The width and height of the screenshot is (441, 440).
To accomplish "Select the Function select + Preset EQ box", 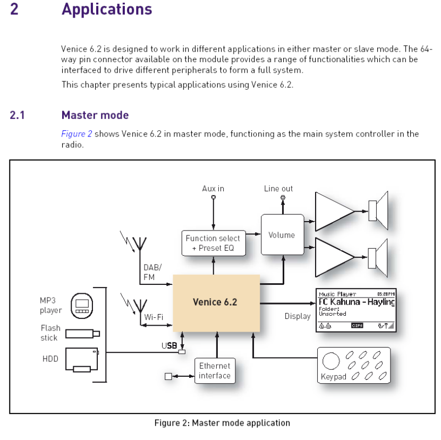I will (x=213, y=243).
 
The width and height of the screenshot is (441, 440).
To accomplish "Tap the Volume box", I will (x=282, y=235).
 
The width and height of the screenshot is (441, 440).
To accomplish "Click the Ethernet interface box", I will (x=215, y=371).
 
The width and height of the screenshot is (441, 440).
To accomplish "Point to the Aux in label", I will (x=213, y=189).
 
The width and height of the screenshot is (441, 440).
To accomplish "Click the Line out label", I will (x=278, y=189).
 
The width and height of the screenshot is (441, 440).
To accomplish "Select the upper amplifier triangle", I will (x=334, y=211).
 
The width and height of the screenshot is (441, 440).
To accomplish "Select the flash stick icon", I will (x=82, y=334).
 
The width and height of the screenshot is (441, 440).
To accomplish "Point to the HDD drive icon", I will (x=82, y=359).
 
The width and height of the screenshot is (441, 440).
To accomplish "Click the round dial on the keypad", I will (x=330, y=361).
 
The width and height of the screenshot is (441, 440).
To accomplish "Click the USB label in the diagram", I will (x=169, y=346).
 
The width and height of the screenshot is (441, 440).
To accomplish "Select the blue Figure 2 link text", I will (x=77, y=134).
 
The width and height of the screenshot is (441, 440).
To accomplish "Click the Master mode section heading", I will (x=95, y=115).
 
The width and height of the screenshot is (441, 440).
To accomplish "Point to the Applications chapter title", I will (x=107, y=9).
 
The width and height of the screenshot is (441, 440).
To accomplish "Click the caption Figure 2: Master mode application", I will (x=222, y=423).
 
